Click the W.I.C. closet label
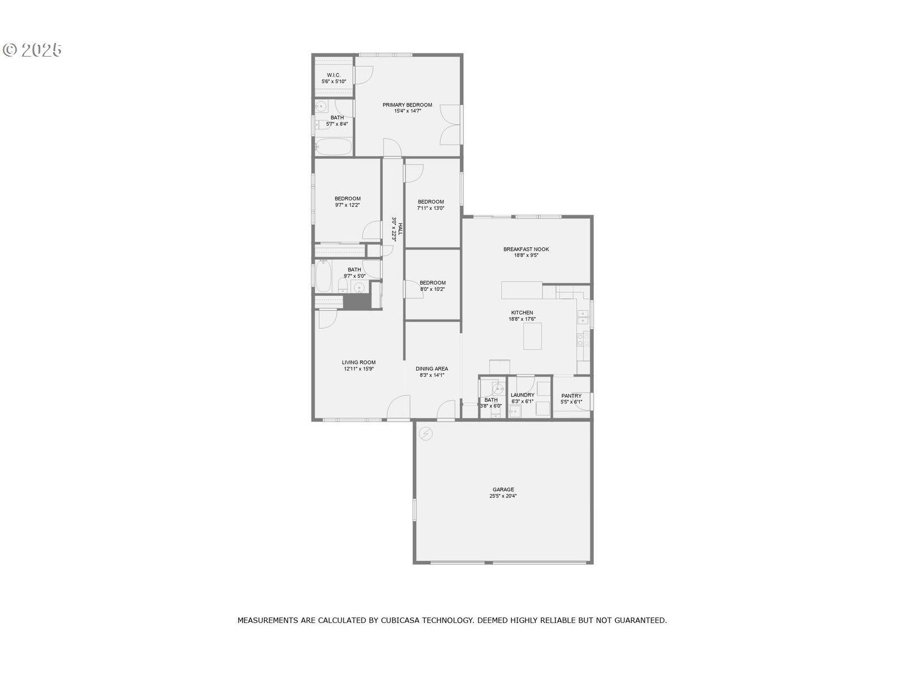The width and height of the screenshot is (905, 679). [334, 75]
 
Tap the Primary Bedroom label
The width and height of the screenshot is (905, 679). [407, 105]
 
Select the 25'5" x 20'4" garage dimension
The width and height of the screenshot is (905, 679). [503, 496]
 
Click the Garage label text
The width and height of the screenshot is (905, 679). [503, 489]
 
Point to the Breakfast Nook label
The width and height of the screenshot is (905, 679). [525, 249]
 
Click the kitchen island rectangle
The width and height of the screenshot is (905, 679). [532, 336]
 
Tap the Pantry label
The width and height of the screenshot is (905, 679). [571, 396]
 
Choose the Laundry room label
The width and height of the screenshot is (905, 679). [522, 394]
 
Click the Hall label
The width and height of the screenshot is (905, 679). [400, 229]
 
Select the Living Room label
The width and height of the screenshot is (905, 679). [358, 362]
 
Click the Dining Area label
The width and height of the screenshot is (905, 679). [431, 368]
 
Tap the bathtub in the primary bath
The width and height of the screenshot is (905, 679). [334, 147]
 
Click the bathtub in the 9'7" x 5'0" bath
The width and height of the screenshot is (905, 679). [323, 276]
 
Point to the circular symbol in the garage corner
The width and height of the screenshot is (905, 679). [425, 433]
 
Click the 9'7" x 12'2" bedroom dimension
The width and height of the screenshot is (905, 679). [347, 205]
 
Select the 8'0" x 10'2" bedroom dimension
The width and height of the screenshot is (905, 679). [432, 289]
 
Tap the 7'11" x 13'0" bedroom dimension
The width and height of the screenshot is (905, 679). [430, 208]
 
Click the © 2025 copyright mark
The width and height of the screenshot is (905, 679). [32, 50]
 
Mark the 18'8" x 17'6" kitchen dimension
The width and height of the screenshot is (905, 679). [522, 319]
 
